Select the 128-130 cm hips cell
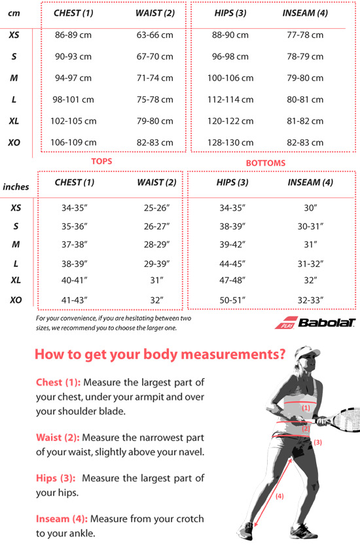pos(230,143)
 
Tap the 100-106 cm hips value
pos(230,78)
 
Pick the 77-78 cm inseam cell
pos(305,35)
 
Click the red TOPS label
pos(101,161)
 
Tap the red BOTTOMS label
pos(266,163)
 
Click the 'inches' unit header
pos(16,186)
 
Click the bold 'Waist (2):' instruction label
pos(58,436)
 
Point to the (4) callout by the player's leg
pos(279,496)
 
